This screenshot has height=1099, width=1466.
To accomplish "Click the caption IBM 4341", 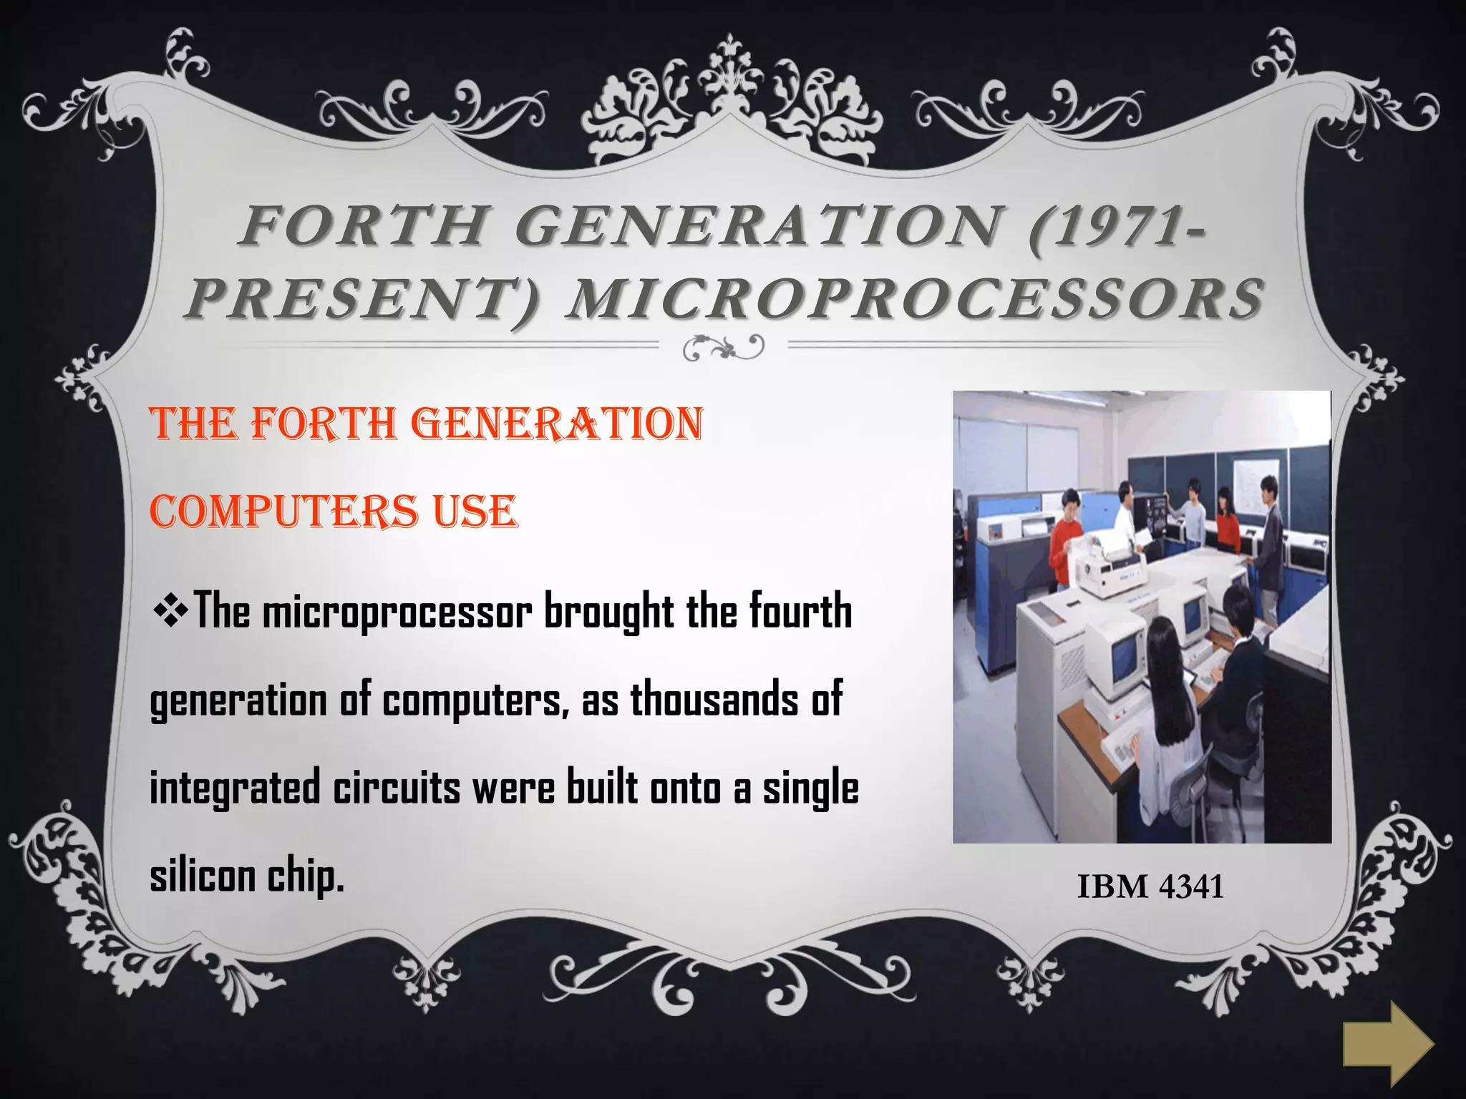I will click(1150, 886).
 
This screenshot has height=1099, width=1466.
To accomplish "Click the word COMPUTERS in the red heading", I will click(283, 512).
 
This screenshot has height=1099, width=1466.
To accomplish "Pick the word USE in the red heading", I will click(474, 512).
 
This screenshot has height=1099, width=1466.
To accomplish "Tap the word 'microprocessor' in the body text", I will click(397, 613).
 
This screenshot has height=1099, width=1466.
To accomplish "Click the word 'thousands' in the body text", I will click(714, 700).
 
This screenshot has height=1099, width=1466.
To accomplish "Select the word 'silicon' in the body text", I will click(202, 876).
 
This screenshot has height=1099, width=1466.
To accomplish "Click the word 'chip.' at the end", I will click(306, 877).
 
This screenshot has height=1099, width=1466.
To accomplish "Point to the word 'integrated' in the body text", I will click(234, 788).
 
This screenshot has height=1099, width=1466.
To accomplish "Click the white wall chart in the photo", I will click(1256, 486).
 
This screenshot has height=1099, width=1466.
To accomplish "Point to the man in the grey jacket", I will click(1269, 547).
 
